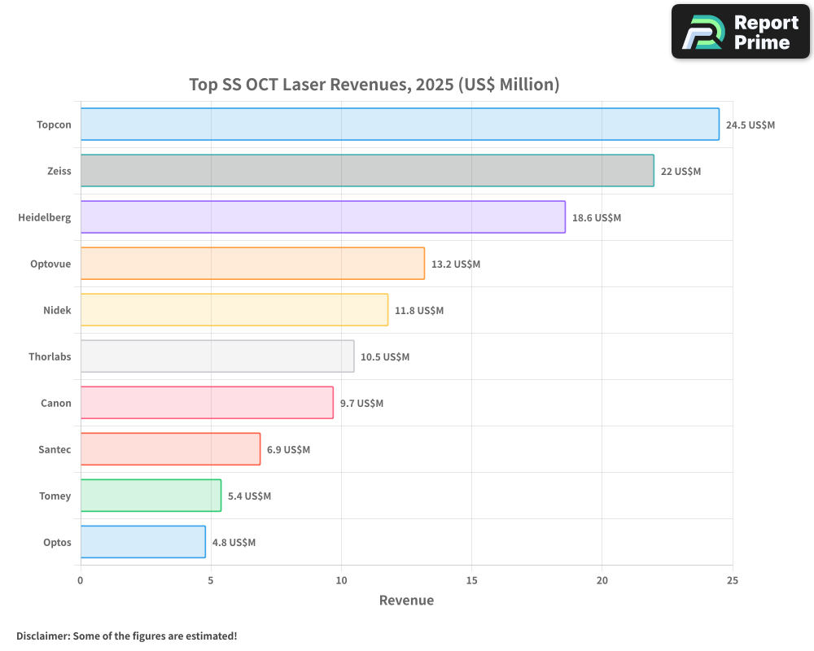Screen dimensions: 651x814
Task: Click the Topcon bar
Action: (x=400, y=125)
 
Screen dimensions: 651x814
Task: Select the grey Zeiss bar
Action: (x=367, y=171)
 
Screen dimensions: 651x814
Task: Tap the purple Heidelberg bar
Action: (x=322, y=217)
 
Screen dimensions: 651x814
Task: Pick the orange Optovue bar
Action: (x=252, y=264)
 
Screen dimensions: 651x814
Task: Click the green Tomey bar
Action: (x=151, y=496)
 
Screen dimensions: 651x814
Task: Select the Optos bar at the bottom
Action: (x=142, y=542)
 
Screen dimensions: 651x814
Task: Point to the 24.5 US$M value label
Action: (x=751, y=125)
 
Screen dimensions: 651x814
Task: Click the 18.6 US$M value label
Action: (x=597, y=217)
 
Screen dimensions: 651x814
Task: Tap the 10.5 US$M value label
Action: (x=385, y=356)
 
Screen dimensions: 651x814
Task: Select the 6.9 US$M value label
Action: (x=288, y=449)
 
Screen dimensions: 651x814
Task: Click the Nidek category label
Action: (x=57, y=310)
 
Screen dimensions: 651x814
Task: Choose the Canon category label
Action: (x=56, y=403)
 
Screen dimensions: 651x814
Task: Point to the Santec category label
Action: (x=55, y=449)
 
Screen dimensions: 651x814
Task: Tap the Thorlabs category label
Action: (x=50, y=356)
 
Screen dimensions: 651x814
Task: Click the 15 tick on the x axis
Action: (x=471, y=580)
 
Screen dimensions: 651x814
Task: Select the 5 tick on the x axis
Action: (x=211, y=580)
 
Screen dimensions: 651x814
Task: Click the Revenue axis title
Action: (x=406, y=601)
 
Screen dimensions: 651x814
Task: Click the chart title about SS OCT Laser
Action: (x=374, y=85)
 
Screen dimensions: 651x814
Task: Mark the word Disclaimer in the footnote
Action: (x=42, y=636)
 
